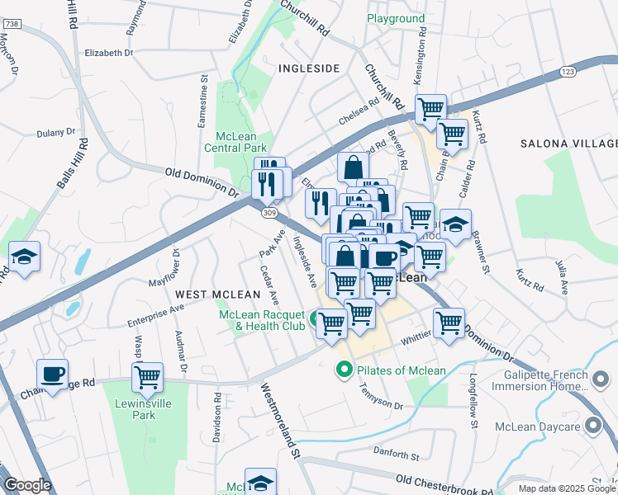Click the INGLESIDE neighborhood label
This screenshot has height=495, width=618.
309,68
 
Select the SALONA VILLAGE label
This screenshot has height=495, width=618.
568,144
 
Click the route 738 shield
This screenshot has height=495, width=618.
11,24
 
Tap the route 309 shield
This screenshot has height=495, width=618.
270,213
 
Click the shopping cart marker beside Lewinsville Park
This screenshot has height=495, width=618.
147,378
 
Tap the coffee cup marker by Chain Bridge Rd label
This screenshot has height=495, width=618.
54,374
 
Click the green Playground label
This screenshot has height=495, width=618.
396,18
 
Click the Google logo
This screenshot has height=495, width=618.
27,486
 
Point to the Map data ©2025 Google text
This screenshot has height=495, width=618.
566,488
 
